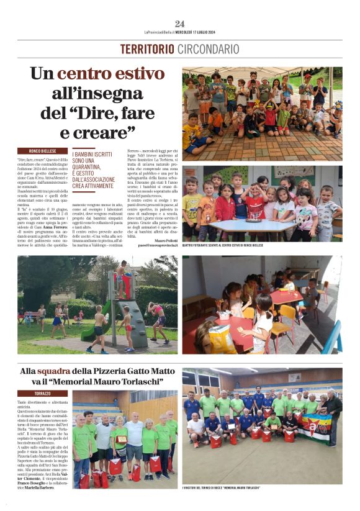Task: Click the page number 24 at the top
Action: [x=179, y=24]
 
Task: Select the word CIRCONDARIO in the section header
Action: [x=208, y=49]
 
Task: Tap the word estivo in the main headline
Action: [x=133, y=74]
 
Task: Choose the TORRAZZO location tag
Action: [x=43, y=393]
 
